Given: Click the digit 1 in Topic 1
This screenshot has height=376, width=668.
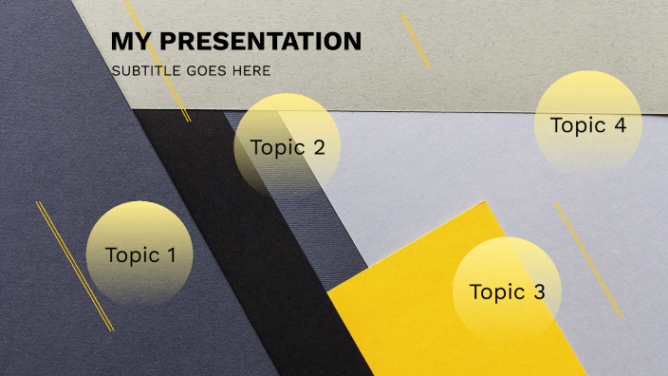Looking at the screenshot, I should [172, 255].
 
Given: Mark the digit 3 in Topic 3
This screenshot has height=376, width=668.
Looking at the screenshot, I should [539, 292].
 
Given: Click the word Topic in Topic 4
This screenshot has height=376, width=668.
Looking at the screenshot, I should [577, 125].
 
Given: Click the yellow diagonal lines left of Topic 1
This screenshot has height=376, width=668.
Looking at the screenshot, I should [75, 267].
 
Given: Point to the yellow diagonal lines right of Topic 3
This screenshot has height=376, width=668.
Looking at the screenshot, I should [589, 259].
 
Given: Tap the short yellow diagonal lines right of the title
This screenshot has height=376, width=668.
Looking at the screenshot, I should [415, 40].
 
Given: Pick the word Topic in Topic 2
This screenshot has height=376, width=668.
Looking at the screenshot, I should [277, 147].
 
